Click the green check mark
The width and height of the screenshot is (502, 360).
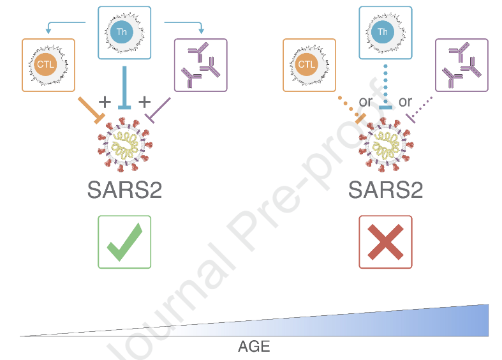pos(124,242)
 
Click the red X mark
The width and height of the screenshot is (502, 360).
pos(385,242)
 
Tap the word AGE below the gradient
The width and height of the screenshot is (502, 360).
pos(254,347)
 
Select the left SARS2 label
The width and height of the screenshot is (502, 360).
pos(124,190)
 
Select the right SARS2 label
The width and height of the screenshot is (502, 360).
pos(385,190)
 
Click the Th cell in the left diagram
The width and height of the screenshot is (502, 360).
pos(124,31)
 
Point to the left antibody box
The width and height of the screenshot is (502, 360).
pos(200,64)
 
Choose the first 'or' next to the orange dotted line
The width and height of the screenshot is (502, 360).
pos(365,102)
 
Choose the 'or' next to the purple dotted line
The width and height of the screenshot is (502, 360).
pos(406,102)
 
